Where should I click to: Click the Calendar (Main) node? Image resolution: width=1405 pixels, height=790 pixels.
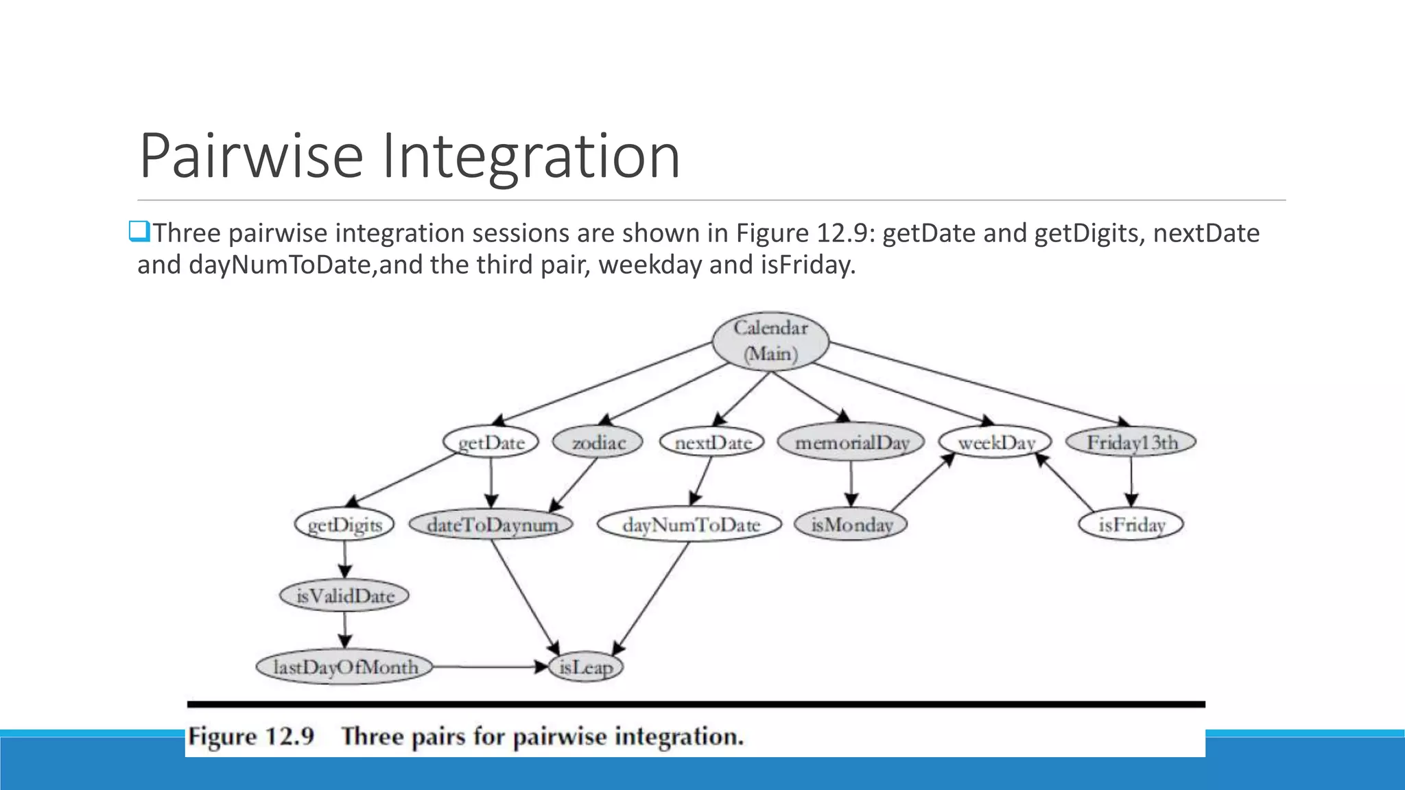(x=770, y=341)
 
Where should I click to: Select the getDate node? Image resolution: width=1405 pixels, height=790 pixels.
(x=491, y=442)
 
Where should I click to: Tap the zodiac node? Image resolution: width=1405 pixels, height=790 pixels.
(x=598, y=442)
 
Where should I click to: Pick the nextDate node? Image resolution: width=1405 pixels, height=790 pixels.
(x=713, y=442)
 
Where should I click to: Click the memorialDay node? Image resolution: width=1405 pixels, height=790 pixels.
(x=851, y=442)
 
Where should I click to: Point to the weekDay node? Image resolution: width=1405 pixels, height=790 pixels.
(x=995, y=442)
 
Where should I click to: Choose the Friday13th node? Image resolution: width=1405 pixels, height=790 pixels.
(x=1131, y=442)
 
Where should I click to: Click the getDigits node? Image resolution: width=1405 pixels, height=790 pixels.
(x=344, y=525)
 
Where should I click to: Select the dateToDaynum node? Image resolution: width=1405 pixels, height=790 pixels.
(x=491, y=525)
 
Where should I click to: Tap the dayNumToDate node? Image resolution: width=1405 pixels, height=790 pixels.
(x=690, y=525)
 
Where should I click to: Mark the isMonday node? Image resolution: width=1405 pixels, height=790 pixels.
(x=851, y=525)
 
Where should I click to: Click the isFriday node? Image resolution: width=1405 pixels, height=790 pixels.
(x=1131, y=525)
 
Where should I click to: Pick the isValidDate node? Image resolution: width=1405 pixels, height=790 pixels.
(x=344, y=595)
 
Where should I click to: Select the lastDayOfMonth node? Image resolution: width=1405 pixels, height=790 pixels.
(x=344, y=667)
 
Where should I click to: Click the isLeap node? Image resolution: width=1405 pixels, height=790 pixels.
(x=585, y=667)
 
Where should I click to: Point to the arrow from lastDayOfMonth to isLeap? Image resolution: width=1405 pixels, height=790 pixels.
(x=491, y=667)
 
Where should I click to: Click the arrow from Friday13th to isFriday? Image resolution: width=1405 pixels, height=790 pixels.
(x=1131, y=483)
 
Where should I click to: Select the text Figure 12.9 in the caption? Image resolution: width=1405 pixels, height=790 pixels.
(x=251, y=737)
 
